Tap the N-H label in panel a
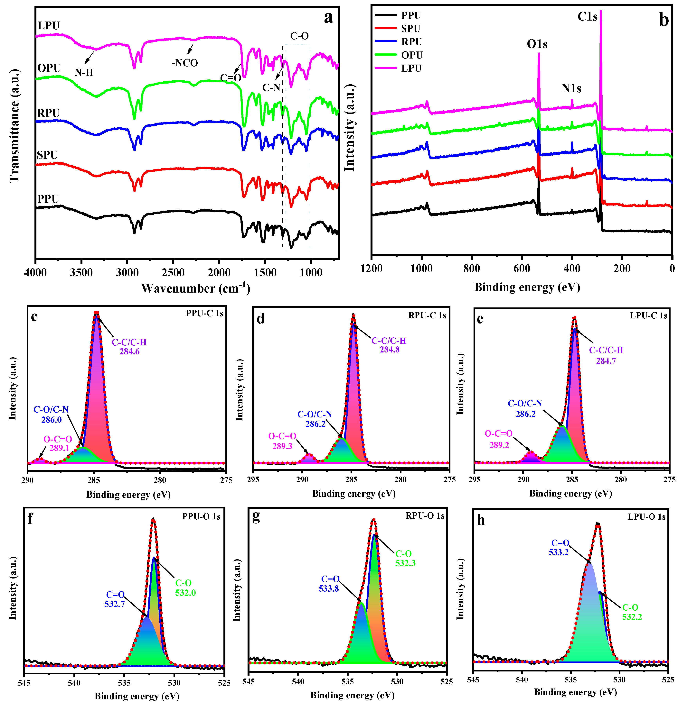pos(84,73)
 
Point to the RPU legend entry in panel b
pos(411,42)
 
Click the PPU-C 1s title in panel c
pos(205,313)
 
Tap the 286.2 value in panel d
pos(315,424)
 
